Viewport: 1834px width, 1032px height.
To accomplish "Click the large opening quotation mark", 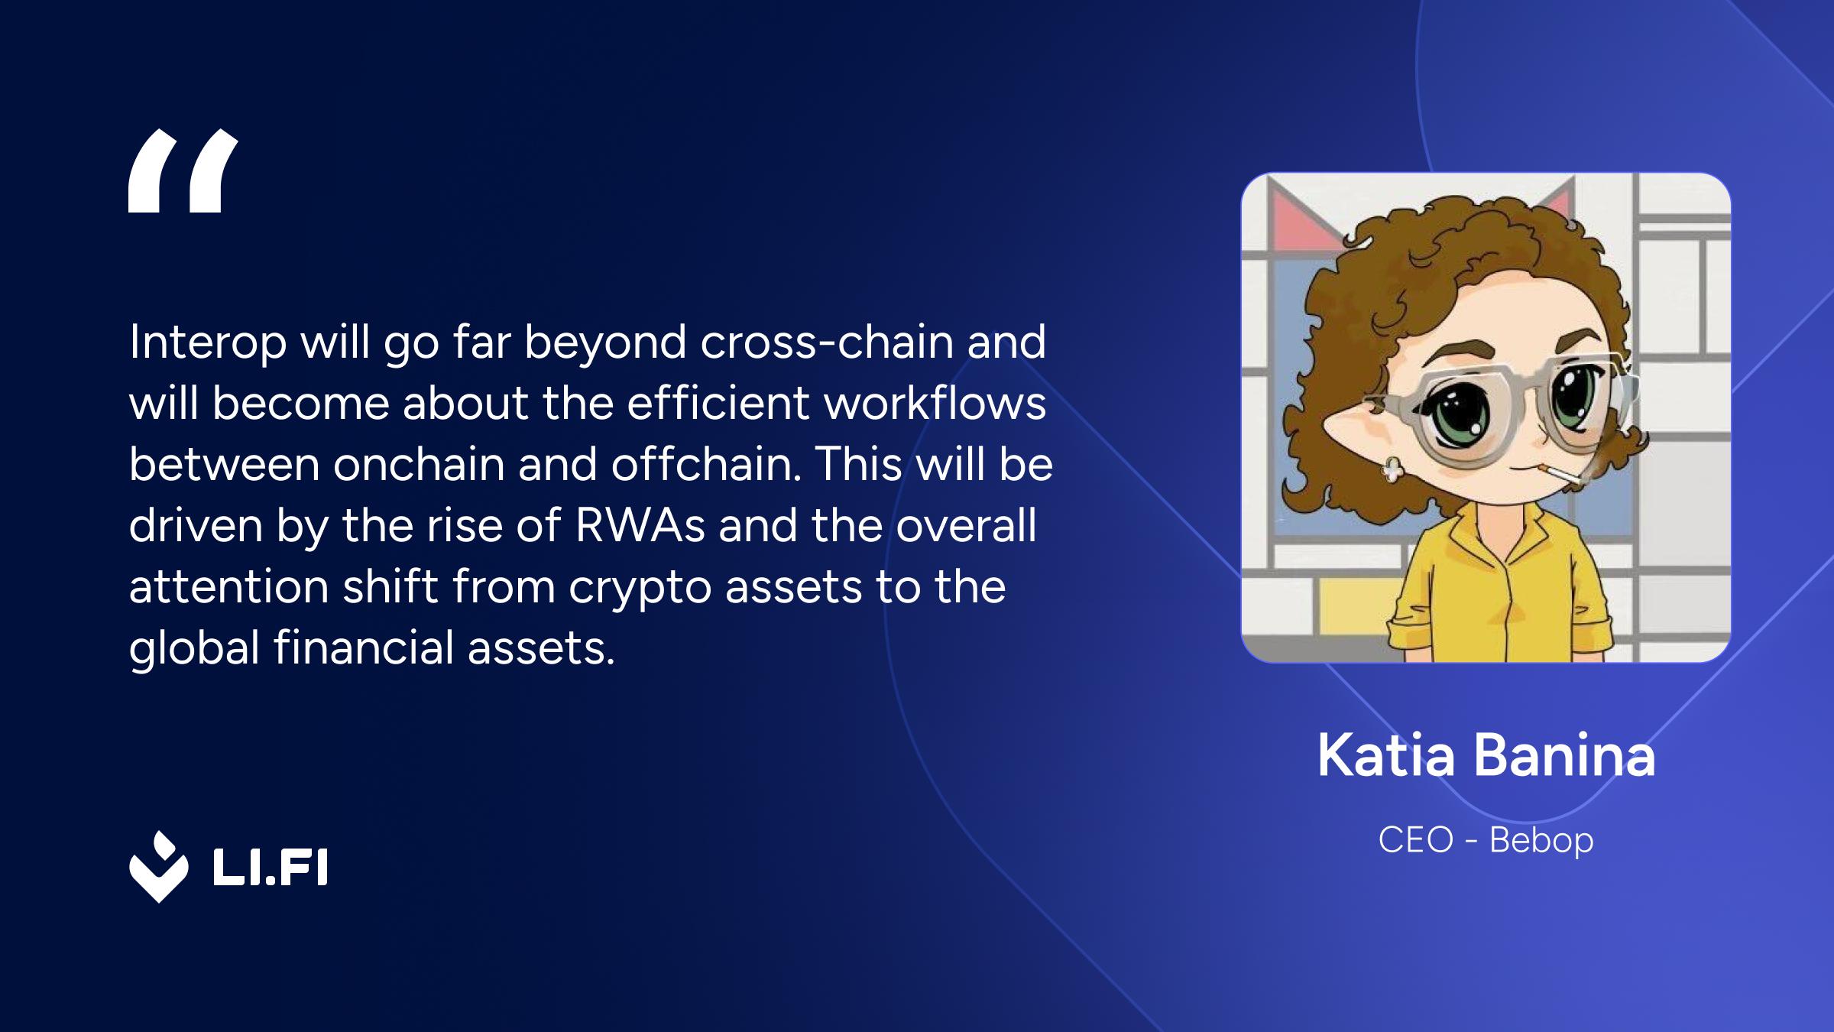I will pos(183,170).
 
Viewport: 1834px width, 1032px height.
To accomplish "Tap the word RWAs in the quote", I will pos(640,525).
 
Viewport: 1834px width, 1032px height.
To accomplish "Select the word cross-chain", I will pos(827,342).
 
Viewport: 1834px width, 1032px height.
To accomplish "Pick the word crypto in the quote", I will pos(640,587).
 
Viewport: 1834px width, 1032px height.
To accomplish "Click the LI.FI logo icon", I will pos(158,867).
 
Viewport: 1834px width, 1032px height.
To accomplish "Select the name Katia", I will pos(1386,755).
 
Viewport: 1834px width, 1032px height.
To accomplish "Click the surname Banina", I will pos(1563,755).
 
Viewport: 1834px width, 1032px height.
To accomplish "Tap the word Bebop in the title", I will pos(1541,840).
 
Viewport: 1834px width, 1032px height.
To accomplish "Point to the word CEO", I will pos(1415,840).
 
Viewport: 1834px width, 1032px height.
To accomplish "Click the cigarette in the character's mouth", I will pos(1556,474).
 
